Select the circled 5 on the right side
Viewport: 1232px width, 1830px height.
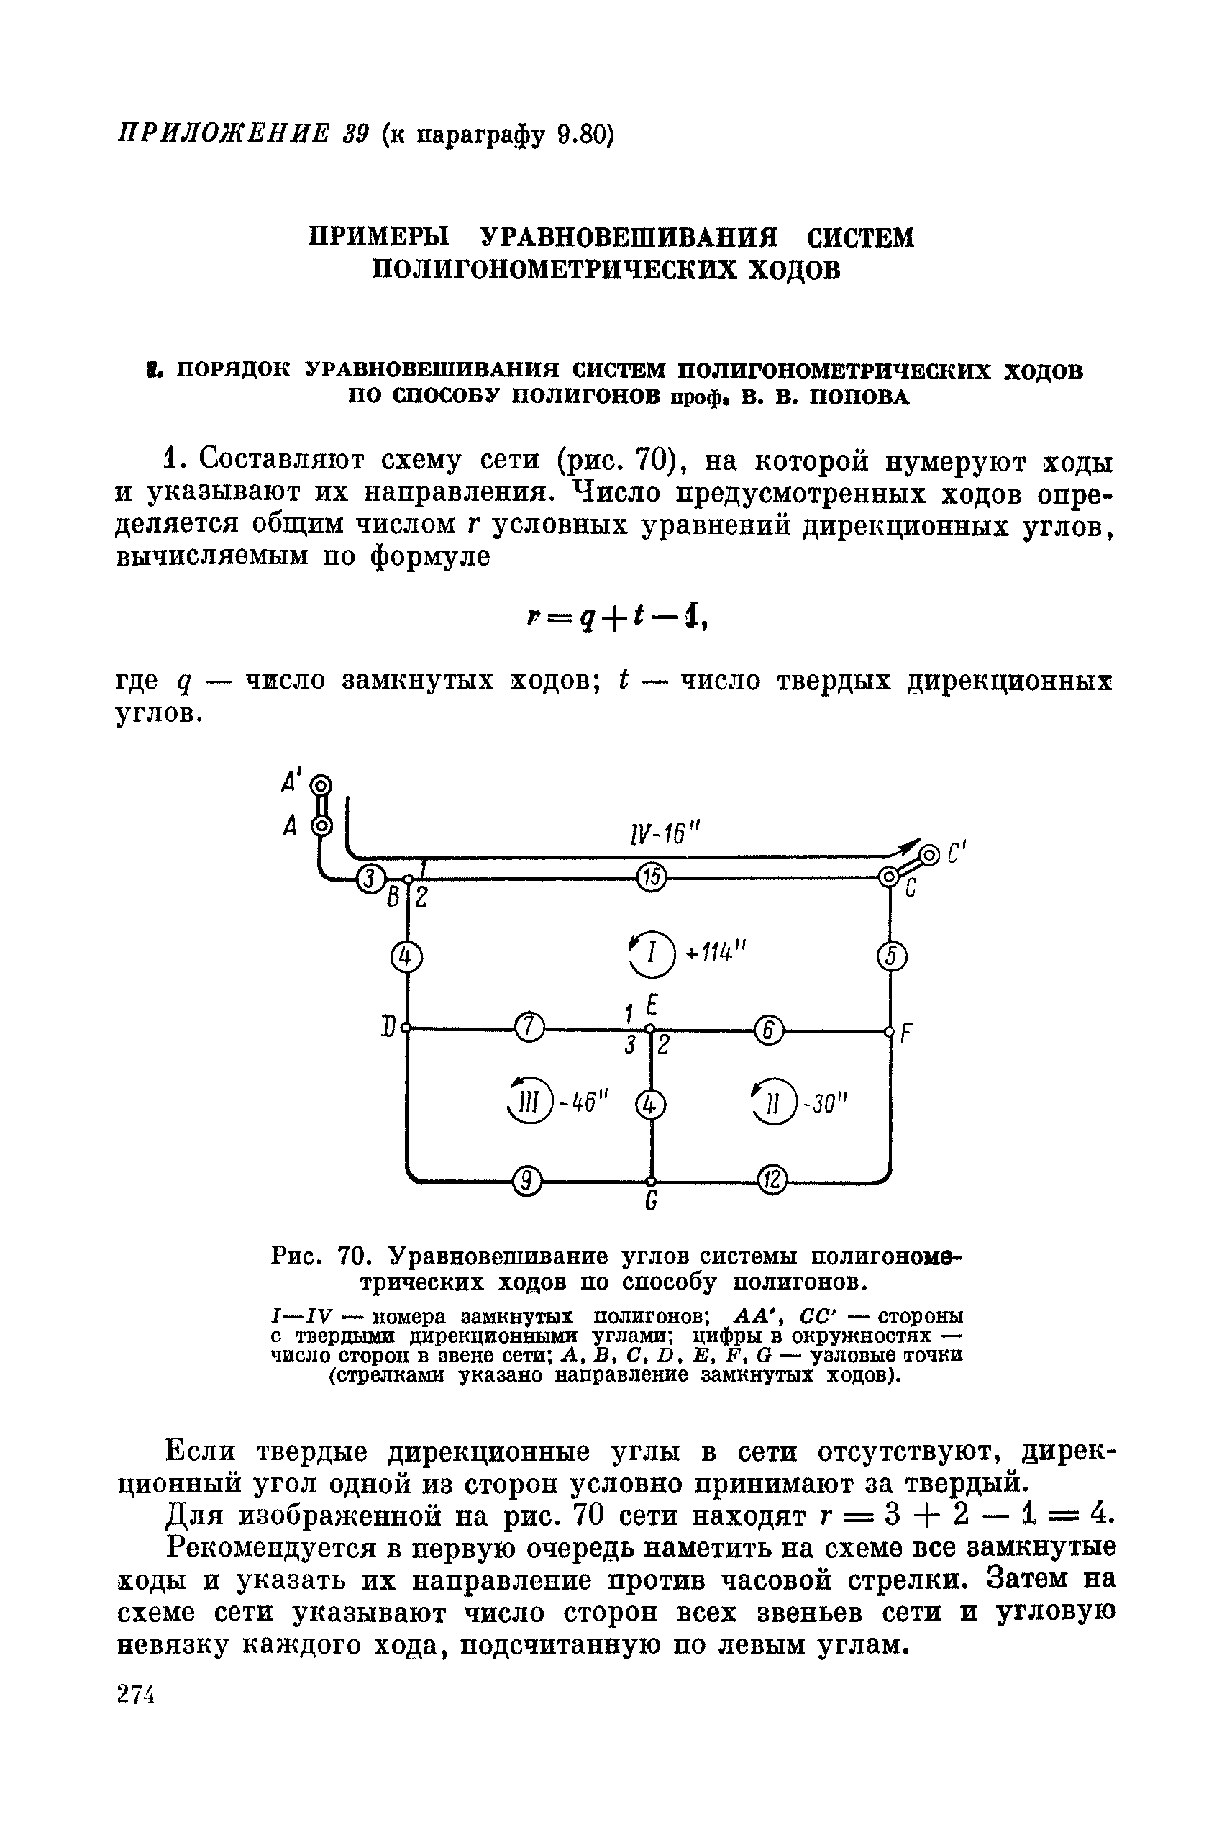tap(891, 956)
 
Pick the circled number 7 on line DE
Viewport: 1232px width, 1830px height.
tap(529, 1027)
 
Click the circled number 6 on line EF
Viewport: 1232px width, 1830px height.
tap(768, 1030)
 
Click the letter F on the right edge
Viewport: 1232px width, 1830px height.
tap(905, 1033)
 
